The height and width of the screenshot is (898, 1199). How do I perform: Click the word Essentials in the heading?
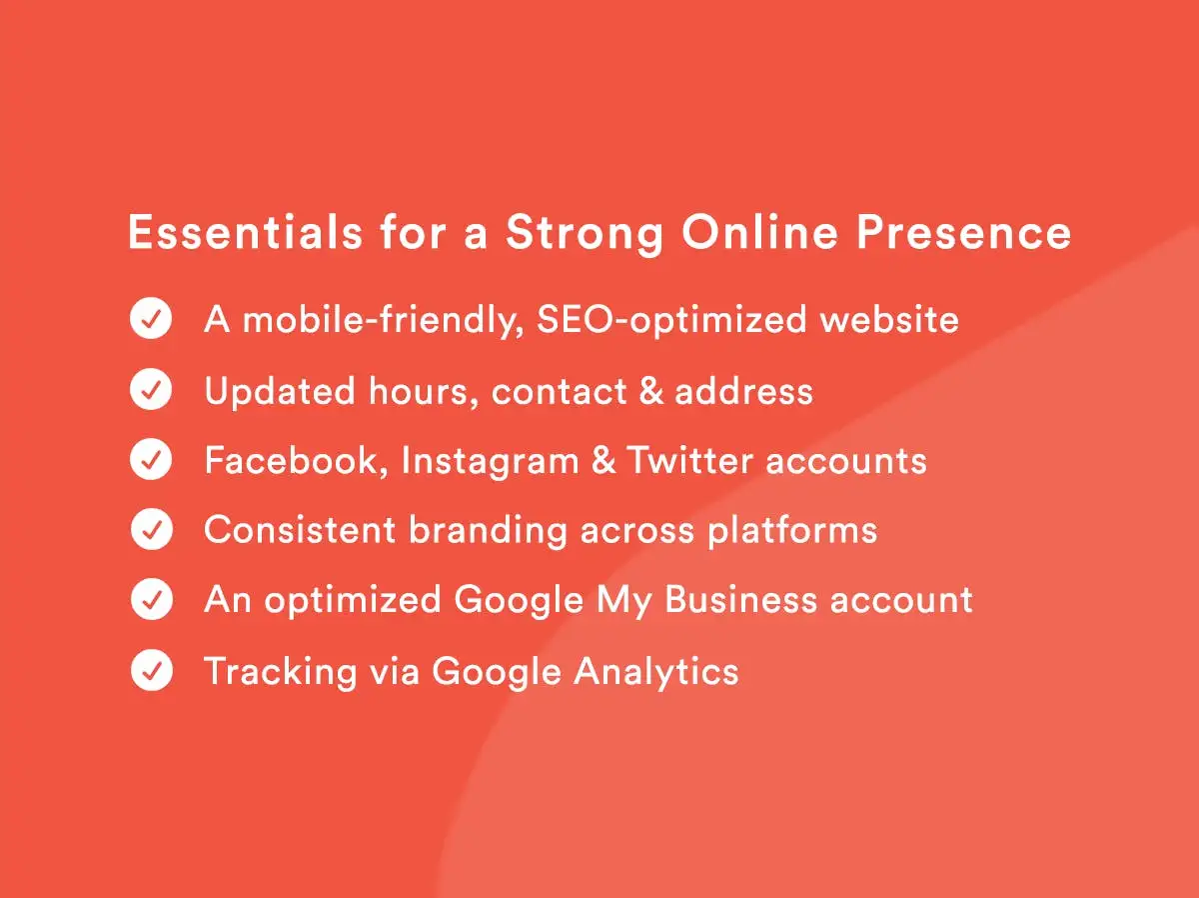[245, 232]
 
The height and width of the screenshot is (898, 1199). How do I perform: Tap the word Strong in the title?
[585, 235]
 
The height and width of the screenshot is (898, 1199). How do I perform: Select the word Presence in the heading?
[963, 232]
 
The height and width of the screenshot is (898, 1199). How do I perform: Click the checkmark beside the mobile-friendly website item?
[151, 318]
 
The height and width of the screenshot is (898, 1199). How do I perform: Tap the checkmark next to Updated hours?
[151, 389]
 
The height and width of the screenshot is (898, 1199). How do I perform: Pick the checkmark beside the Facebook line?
[151, 459]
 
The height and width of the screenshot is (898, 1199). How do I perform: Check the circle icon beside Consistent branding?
[151, 529]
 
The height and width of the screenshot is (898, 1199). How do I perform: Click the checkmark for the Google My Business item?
[151, 599]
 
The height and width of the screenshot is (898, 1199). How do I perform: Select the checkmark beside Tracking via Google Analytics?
[151, 670]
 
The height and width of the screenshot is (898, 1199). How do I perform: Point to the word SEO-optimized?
[671, 321]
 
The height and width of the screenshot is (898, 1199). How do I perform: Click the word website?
[889, 319]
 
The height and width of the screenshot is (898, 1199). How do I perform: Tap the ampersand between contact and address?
[651, 391]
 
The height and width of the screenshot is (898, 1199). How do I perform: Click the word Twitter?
[689, 460]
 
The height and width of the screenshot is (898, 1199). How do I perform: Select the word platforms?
[792, 531]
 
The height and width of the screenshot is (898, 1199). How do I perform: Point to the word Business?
[740, 600]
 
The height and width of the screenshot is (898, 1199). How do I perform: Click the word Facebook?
[291, 460]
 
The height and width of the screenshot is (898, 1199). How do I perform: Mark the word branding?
[489, 531]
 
